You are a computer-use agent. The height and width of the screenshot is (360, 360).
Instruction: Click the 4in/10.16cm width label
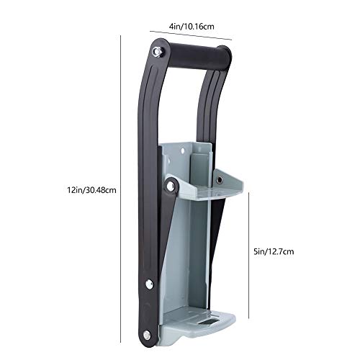click(192, 26)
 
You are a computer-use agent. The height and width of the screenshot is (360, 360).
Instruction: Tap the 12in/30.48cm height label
click(91, 190)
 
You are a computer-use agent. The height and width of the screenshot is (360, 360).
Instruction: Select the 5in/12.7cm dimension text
click(274, 251)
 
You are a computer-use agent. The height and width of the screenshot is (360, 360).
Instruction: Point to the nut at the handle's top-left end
click(158, 51)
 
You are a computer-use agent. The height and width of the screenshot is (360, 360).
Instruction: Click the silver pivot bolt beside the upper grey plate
click(170, 186)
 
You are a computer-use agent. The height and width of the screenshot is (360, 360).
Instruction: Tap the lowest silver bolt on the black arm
click(147, 335)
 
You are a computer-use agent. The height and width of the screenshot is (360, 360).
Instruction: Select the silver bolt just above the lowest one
click(149, 284)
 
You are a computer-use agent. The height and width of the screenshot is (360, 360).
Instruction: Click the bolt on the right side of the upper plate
click(219, 180)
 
